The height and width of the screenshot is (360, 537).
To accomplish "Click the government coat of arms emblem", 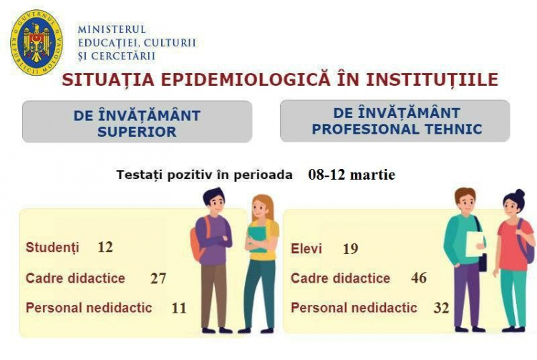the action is coord(37,42).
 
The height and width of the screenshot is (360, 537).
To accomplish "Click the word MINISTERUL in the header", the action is coord(112,29).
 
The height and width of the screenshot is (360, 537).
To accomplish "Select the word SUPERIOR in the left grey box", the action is coord(137,132).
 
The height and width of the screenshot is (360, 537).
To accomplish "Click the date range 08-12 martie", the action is coord(352,175).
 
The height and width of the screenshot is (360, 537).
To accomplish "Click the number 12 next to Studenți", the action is coord(105,247).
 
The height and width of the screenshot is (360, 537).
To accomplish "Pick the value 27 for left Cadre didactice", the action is coord(158,278).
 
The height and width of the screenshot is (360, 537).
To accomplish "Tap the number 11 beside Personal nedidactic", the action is coord(179,308).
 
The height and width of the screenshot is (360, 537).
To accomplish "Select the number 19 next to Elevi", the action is coord(350,249).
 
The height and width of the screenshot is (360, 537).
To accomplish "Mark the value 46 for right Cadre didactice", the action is coord(419,278).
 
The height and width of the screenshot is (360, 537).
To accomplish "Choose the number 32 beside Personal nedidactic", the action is coord(441,308).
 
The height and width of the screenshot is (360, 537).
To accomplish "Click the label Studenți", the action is coord(52,248).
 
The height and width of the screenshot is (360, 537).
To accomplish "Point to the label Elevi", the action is coord(306,249).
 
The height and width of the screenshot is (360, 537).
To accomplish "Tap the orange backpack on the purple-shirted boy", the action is coord(198,240).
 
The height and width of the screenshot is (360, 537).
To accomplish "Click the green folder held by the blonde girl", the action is coord(257,239).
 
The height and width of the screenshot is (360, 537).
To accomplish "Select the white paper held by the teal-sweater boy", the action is coord(475,243).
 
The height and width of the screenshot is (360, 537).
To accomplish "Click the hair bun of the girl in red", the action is coord(520,193).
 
